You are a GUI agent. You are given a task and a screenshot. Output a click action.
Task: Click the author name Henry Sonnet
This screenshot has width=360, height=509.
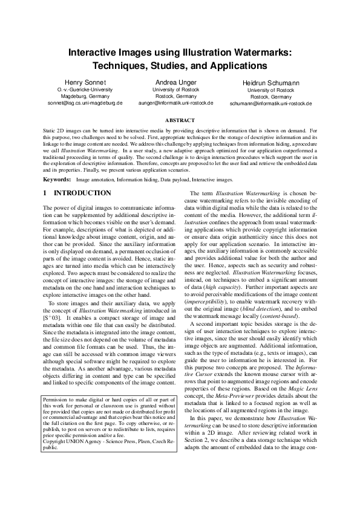click(85, 82)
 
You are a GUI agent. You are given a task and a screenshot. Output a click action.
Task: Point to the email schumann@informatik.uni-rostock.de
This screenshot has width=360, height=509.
click(270, 104)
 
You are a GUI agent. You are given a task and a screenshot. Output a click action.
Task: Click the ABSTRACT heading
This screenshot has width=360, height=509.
click(180, 121)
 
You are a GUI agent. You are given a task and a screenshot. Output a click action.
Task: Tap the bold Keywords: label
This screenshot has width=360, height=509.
click(57, 180)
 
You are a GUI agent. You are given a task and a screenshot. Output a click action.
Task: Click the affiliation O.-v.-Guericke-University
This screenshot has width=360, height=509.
click(85, 89)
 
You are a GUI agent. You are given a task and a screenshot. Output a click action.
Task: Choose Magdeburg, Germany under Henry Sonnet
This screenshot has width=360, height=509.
click(85, 96)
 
